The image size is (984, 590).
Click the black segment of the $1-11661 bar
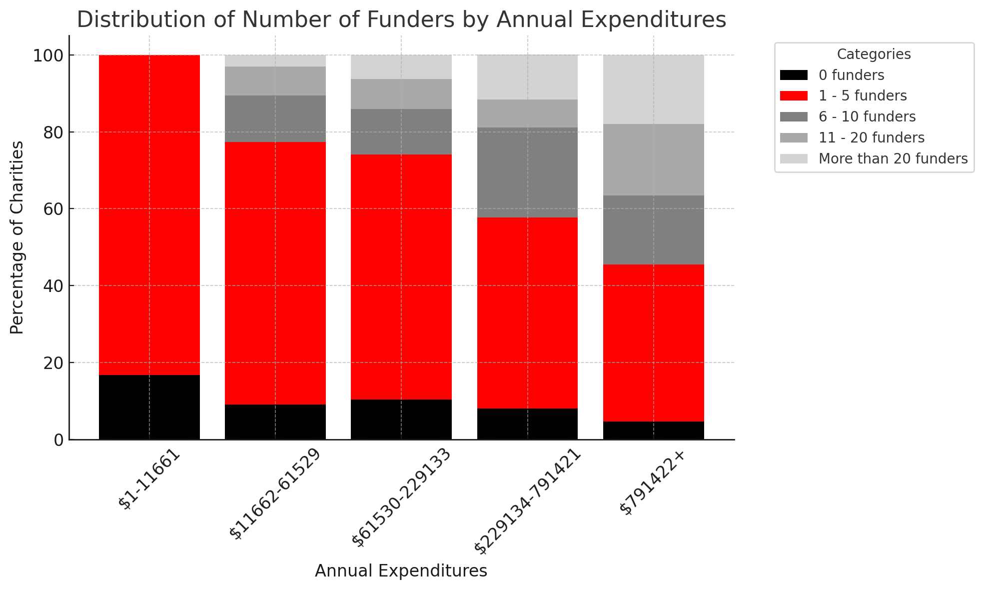(149, 407)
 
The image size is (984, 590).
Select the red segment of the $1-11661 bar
(149, 215)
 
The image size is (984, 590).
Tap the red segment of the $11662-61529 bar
(275, 273)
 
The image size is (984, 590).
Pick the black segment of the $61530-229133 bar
(401, 419)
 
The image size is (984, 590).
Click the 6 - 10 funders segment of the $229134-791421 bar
(528, 172)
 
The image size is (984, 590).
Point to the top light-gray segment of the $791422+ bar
(654, 89)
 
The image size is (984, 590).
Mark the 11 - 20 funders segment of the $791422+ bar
(654, 159)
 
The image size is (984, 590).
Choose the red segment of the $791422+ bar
(654, 343)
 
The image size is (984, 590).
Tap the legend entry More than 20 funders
(893, 159)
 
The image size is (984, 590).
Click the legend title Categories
(874, 54)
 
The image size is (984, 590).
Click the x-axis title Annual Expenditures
(401, 571)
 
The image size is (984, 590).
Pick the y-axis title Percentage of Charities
(17, 237)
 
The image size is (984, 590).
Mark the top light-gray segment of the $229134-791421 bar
(528, 77)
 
